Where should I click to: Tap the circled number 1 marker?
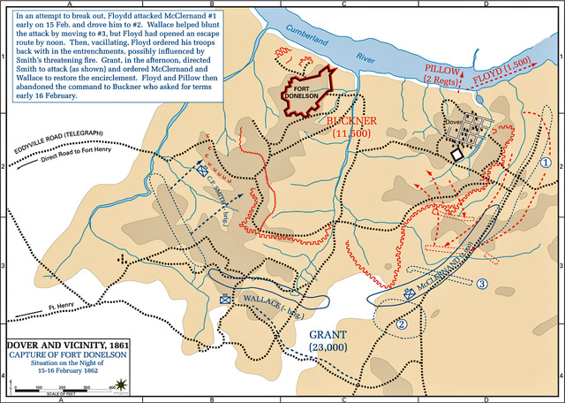point(546,163)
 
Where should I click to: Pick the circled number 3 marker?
point(481,284)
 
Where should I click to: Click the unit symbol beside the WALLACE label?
point(225,300)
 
